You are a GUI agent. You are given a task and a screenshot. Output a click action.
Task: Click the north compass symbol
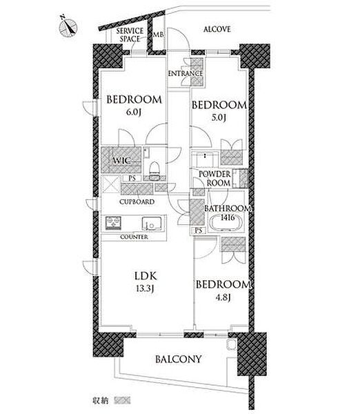tap(68, 27)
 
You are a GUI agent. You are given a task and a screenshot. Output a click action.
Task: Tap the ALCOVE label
tap(217, 29)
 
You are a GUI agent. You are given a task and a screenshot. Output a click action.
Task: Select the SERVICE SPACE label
tap(130, 35)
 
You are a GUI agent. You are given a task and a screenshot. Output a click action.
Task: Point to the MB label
tap(159, 34)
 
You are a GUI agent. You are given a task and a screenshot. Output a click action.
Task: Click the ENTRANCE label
tap(186, 73)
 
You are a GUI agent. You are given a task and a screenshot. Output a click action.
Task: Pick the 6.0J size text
tap(134, 112)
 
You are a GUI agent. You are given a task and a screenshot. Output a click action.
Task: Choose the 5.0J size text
tap(219, 117)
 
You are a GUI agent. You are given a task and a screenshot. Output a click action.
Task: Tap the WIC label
tap(121, 160)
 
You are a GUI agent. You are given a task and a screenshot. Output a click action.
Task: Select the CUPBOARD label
tap(137, 201)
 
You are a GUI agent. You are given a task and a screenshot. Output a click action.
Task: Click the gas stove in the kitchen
tap(114, 223)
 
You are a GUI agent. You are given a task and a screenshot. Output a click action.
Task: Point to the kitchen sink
tap(151, 224)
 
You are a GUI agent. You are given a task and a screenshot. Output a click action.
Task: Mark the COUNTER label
tap(134, 237)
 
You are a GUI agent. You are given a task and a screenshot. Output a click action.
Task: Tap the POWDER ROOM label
tap(215, 179)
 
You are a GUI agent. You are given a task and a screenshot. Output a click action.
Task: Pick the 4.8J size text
tap(223, 297)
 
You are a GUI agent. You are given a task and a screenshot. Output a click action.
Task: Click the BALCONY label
tap(179, 359)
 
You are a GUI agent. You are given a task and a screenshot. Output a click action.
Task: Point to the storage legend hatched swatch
tap(122, 400)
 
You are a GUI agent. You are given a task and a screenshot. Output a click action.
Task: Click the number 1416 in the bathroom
tap(228, 217)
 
